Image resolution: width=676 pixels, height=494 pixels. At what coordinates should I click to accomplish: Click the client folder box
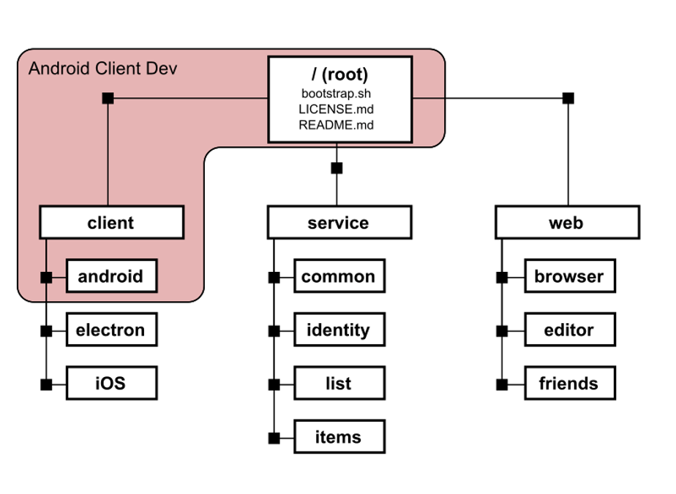(x=112, y=222)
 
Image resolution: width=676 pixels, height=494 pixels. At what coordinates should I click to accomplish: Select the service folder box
(x=339, y=222)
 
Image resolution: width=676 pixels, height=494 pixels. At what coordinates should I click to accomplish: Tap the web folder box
(x=568, y=222)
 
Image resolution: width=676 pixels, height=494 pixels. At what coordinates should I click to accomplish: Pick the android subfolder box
(x=112, y=276)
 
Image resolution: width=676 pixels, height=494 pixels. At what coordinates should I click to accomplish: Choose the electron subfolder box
(x=112, y=330)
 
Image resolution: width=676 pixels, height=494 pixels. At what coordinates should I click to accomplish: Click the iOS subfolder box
(x=112, y=383)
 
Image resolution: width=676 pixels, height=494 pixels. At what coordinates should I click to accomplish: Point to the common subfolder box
(x=339, y=276)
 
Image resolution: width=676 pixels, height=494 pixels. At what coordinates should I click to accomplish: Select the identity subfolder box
(x=339, y=330)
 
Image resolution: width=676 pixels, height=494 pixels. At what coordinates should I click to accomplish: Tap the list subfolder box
(x=339, y=383)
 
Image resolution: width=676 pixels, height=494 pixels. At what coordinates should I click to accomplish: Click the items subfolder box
(x=339, y=437)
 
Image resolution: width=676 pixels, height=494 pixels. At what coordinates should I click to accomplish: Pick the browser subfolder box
(x=570, y=276)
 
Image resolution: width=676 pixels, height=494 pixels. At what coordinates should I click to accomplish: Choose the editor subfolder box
(x=570, y=330)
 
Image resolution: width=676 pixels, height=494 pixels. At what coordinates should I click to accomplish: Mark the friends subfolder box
(x=570, y=383)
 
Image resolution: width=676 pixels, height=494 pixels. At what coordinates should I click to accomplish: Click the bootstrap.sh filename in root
(x=337, y=94)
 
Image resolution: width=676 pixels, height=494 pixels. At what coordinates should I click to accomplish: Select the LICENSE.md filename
(x=337, y=109)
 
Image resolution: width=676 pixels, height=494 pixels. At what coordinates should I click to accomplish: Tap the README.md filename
(x=337, y=125)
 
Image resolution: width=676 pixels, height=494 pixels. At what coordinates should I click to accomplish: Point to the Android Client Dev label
(x=102, y=69)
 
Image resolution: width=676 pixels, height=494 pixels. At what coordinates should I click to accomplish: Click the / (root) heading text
(x=339, y=75)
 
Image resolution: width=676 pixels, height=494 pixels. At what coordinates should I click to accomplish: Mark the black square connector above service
(x=337, y=168)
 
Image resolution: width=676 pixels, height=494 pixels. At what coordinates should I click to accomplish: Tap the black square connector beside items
(x=274, y=438)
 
